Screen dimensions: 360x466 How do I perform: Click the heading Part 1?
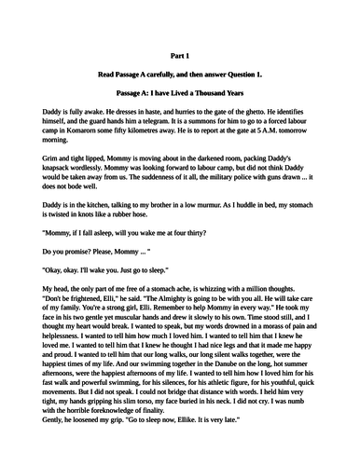click(179, 55)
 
